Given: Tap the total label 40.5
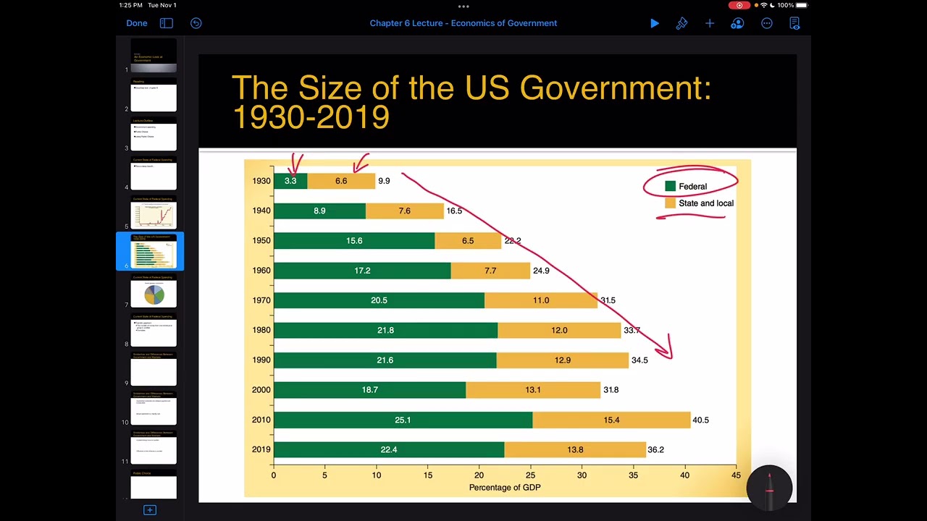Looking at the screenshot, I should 700,420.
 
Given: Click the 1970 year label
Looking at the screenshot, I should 261,300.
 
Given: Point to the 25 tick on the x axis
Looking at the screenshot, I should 530,475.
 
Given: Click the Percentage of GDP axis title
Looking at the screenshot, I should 505,487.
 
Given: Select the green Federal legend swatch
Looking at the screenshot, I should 671,187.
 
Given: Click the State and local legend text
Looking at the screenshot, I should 705,203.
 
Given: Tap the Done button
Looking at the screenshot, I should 136,23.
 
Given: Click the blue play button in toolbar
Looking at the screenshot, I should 655,23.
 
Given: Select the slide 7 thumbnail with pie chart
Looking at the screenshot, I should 154,292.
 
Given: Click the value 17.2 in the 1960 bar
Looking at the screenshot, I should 362,271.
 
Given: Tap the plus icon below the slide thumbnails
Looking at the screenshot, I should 150,510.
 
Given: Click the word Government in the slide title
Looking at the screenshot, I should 615,88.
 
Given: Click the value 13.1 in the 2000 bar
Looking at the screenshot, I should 533,390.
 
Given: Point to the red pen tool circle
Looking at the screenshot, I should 770,487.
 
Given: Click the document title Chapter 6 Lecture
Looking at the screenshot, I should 463,23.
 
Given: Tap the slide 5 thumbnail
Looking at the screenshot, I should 154,213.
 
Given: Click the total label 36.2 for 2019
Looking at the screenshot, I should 655,449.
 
